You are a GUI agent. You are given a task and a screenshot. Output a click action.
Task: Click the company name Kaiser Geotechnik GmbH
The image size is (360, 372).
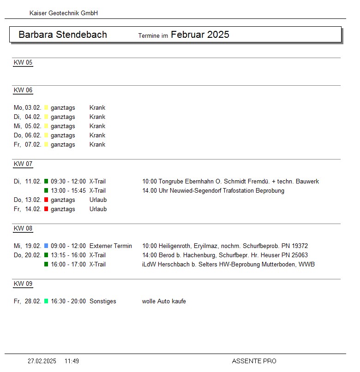coord(64,13)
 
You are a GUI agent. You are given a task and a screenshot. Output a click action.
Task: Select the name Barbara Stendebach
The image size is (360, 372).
coord(63,35)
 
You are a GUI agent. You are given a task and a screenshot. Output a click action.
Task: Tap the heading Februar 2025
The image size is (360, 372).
coord(200,35)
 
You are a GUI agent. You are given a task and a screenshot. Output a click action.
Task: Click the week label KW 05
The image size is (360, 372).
coord(23,63)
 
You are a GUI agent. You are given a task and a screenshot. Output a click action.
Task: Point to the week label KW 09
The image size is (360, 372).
coord(23,284)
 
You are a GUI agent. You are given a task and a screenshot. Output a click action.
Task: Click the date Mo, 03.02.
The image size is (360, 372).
coord(27,108)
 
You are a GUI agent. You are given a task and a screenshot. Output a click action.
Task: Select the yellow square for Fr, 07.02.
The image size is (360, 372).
coord(46,145)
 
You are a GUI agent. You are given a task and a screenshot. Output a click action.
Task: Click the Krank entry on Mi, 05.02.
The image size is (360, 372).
coord(97,126)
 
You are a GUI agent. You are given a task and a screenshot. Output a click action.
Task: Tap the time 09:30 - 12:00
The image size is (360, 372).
coord(68,182)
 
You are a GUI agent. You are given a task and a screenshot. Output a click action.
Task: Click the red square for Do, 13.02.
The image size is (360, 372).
coord(46,200)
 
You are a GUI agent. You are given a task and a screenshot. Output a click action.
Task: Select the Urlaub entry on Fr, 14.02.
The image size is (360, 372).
coord(98,209)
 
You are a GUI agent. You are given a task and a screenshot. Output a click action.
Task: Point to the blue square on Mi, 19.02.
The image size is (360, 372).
coord(46,246)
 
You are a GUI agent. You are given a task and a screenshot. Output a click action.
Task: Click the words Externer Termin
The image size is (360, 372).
coord(111,246)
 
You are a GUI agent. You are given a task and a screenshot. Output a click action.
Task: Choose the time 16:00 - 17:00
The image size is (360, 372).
coord(68,265)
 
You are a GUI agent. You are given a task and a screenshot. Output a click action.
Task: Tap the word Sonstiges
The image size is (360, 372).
coord(103,301)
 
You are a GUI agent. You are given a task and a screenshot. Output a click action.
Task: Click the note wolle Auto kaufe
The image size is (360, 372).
coord(164,301)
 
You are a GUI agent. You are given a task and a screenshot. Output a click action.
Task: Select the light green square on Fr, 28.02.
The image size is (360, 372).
coord(46,301)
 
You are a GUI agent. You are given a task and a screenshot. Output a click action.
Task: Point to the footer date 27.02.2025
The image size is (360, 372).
coord(42,361)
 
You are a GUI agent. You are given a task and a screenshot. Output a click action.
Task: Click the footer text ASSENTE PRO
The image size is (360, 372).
coord(254,361)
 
